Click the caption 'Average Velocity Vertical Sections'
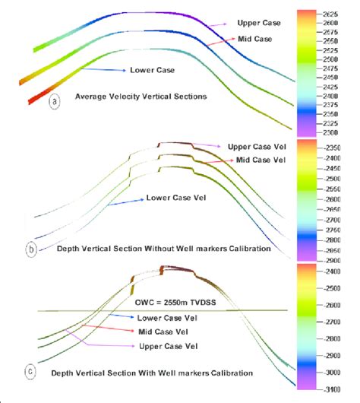(x=132, y=97)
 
